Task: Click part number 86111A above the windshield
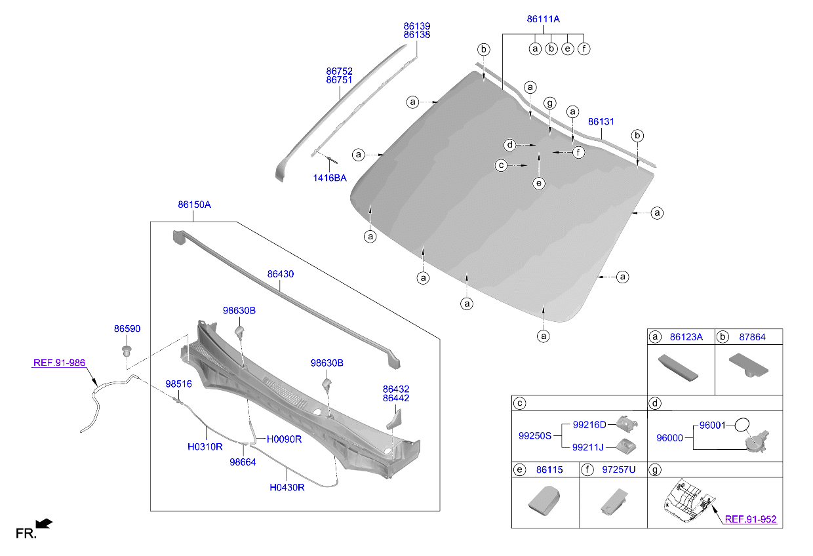[543, 20]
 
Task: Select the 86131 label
[601, 122]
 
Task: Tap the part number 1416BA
[330, 178]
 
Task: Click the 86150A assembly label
[194, 205]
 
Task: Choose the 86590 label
[127, 328]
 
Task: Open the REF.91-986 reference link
[59, 363]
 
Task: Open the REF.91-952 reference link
[750, 519]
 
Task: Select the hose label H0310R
[205, 447]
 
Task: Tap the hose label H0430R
[287, 487]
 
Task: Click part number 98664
[243, 462]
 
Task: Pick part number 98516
[178, 384]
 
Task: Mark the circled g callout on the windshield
[549, 103]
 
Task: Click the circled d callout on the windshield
[509, 144]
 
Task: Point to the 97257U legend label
[620, 469]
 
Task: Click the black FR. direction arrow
[44, 523]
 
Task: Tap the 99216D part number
[590, 424]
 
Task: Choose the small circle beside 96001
[741, 424]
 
